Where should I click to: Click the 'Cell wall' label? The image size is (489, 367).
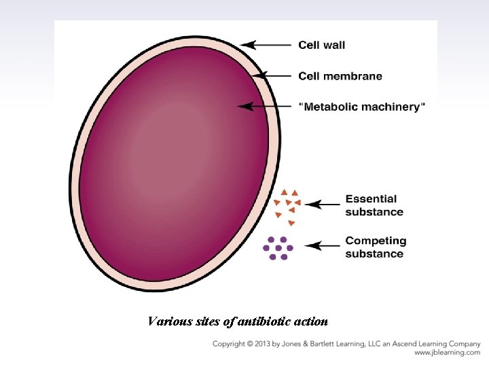tap(321, 46)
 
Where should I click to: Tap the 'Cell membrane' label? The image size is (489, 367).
tap(340, 76)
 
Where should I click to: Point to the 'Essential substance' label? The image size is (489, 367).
tap(374, 205)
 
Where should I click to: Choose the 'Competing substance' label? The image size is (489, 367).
tap(376, 247)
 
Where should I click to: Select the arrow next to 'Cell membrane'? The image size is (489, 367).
tap(274, 75)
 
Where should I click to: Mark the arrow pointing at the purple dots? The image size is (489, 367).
tap(323, 245)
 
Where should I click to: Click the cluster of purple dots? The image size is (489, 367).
tap(278, 248)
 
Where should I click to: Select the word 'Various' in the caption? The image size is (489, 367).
tap(166, 321)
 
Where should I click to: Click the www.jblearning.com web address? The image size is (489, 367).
tap(447, 353)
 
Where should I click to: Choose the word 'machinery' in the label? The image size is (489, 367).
tap(397, 107)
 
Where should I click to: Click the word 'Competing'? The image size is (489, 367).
tap(376, 241)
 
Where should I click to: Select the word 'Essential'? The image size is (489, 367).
tap(371, 198)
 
